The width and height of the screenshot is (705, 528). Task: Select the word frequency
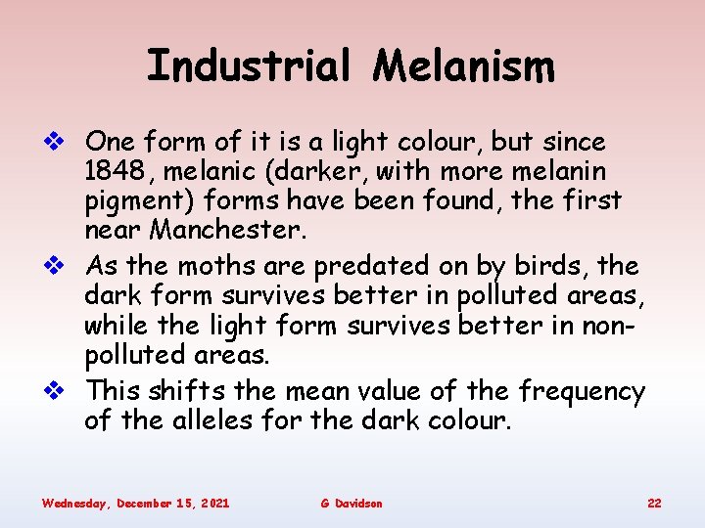click(582, 392)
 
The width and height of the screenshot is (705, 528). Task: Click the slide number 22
click(654, 503)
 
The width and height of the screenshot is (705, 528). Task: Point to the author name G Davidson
click(352, 503)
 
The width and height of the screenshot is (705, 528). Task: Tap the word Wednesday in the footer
click(74, 503)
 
